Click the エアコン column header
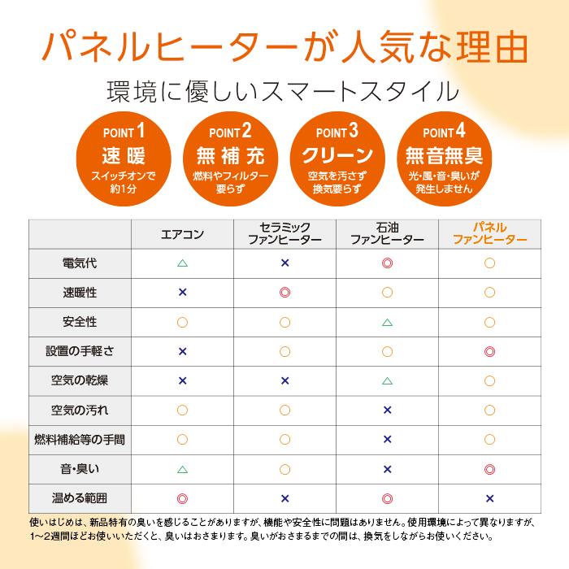(x=182, y=234)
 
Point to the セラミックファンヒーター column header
(x=284, y=234)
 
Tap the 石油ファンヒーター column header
(x=387, y=234)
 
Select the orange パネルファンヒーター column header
(x=489, y=234)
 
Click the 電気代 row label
(x=80, y=263)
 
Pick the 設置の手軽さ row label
(x=80, y=351)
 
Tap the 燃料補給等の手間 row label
(x=80, y=439)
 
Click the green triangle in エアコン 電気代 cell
(x=182, y=263)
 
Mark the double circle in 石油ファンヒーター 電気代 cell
(x=387, y=263)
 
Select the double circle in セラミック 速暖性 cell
(x=284, y=293)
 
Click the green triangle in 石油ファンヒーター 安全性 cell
(x=387, y=323)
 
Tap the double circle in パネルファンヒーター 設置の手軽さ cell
(x=489, y=351)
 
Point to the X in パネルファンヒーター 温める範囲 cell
(x=489, y=498)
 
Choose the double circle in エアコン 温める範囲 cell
(x=182, y=498)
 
